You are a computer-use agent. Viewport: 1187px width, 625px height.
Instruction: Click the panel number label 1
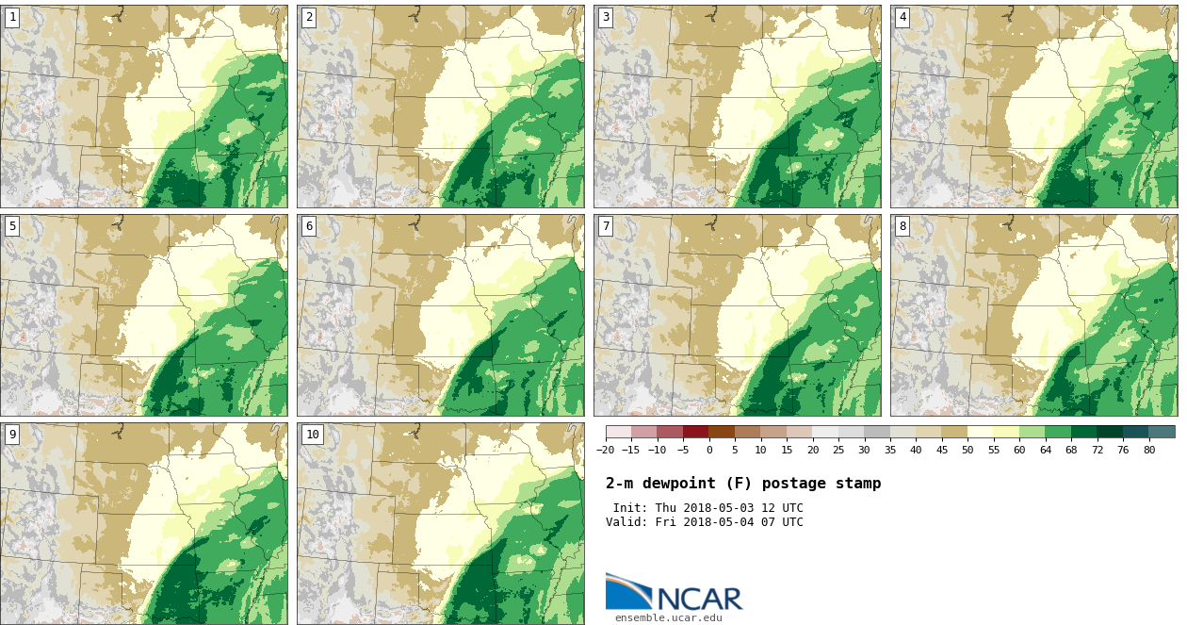(12, 17)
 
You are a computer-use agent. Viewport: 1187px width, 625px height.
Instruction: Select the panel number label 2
(309, 17)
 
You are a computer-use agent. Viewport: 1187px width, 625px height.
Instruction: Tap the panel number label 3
(606, 17)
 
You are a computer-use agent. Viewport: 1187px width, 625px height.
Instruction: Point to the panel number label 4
(902, 17)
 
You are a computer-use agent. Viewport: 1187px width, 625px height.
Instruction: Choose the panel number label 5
(12, 226)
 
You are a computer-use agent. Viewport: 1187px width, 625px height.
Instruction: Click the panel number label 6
(309, 226)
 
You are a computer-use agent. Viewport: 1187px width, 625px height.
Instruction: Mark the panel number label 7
(606, 226)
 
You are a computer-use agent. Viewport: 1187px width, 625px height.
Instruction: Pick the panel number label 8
(902, 226)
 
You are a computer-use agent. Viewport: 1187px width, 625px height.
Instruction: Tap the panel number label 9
(12, 435)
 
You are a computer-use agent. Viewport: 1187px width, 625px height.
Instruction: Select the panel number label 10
(312, 435)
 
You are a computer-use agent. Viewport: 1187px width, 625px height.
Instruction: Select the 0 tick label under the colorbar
(709, 451)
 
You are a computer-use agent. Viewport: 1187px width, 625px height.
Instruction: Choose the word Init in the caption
(630, 508)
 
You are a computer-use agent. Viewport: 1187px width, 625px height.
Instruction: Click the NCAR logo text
(699, 599)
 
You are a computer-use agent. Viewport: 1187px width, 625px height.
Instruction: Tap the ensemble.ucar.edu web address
(668, 618)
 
